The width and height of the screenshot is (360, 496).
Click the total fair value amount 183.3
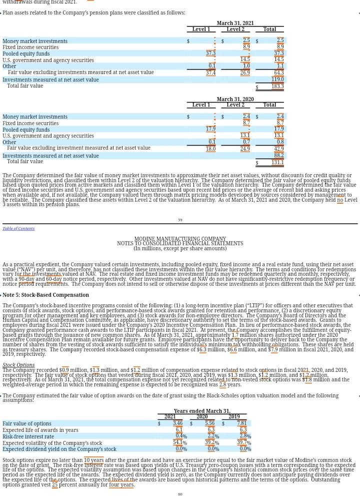coord(277,86)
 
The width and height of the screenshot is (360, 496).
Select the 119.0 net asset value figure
coord(277,80)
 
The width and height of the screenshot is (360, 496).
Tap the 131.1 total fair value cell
coord(277,162)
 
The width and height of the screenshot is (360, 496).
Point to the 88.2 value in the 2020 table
coord(278,156)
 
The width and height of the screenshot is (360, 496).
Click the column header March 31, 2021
coord(235,24)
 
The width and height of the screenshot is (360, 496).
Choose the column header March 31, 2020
coord(235,100)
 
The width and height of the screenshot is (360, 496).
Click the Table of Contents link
coord(18,228)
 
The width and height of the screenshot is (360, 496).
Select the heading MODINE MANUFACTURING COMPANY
coord(180,239)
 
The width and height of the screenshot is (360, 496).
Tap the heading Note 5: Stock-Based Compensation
coord(45,295)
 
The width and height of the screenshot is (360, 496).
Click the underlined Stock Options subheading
coord(18,365)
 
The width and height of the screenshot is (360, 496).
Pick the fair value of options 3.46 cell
coord(177,423)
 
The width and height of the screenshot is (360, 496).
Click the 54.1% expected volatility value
coord(179,443)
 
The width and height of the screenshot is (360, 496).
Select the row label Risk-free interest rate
coord(28,436)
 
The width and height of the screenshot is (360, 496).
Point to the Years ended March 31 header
coord(202,411)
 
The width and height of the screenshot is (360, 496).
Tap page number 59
coord(180,220)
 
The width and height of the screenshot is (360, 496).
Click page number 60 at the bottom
coord(180,494)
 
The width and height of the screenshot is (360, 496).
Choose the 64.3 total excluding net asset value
coord(278,73)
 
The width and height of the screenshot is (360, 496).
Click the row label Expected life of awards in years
coord(40,430)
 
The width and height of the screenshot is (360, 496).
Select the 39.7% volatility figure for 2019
coord(243,443)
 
